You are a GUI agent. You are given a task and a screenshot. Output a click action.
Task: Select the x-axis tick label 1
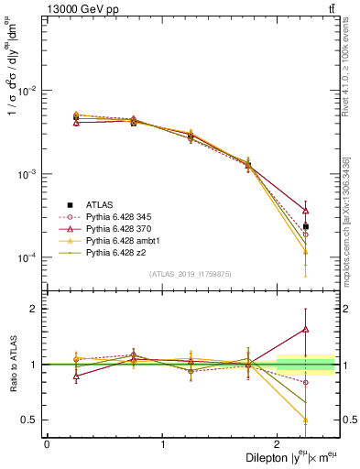point(163,442)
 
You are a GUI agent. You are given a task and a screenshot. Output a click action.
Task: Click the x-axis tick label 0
point(47,442)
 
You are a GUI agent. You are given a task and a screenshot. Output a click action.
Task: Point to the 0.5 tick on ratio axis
point(30,420)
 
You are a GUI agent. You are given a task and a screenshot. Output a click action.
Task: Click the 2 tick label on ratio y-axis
point(35,309)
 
